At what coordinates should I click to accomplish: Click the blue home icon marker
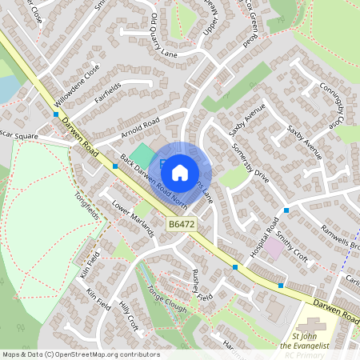[180, 172]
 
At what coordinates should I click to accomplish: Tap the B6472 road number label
[182, 227]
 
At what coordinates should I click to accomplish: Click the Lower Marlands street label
[133, 218]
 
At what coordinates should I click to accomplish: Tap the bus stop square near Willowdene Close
[56, 114]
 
